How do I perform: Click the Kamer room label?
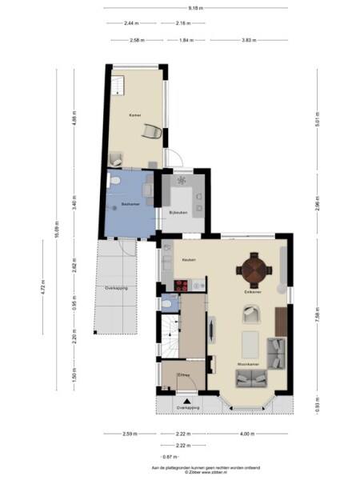pos(135,116)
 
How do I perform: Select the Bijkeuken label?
pos(178,212)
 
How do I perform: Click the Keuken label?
pos(189,261)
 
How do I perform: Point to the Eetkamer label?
pos(253,293)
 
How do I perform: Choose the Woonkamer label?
pos(247,364)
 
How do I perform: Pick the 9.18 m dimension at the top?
pos(194,7)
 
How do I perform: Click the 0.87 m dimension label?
pos(166,456)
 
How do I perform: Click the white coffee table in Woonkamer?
pos(250,343)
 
